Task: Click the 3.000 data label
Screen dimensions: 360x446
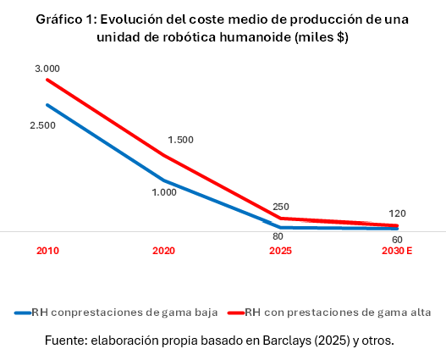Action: coord(48,68)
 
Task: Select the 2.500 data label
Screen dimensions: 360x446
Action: coord(41,125)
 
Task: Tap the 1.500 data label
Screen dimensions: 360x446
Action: coord(181,140)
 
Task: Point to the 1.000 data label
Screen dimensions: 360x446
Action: coord(163,192)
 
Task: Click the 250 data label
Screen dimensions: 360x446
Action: coord(280,208)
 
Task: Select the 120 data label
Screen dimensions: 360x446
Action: coord(398,213)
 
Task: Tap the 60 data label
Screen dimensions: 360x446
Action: coord(397,240)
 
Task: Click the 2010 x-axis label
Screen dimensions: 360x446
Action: coord(48,252)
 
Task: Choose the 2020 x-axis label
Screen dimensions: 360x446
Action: coord(163,252)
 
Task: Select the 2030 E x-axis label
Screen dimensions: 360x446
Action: coord(397,252)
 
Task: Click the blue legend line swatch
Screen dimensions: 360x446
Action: coord(23,313)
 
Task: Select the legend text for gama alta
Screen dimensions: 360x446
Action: coord(339,313)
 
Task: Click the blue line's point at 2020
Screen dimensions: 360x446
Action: coord(163,180)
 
